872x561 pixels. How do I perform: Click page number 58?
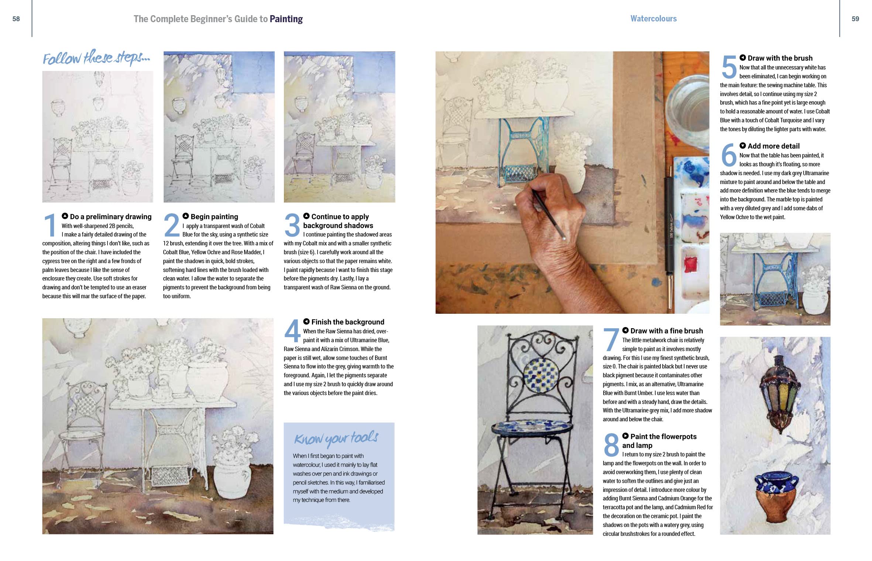click(16, 19)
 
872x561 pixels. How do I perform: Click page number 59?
click(855, 19)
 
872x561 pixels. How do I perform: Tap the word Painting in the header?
click(286, 19)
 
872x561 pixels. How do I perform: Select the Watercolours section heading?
click(653, 18)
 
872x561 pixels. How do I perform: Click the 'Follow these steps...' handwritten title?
click(97, 58)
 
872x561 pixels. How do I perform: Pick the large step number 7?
click(611, 339)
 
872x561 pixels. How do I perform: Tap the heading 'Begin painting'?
click(214, 217)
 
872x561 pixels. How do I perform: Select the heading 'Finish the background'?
click(348, 322)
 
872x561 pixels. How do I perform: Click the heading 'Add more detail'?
click(773, 146)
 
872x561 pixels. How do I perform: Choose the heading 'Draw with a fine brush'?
click(667, 331)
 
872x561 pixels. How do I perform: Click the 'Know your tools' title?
click(336, 438)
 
